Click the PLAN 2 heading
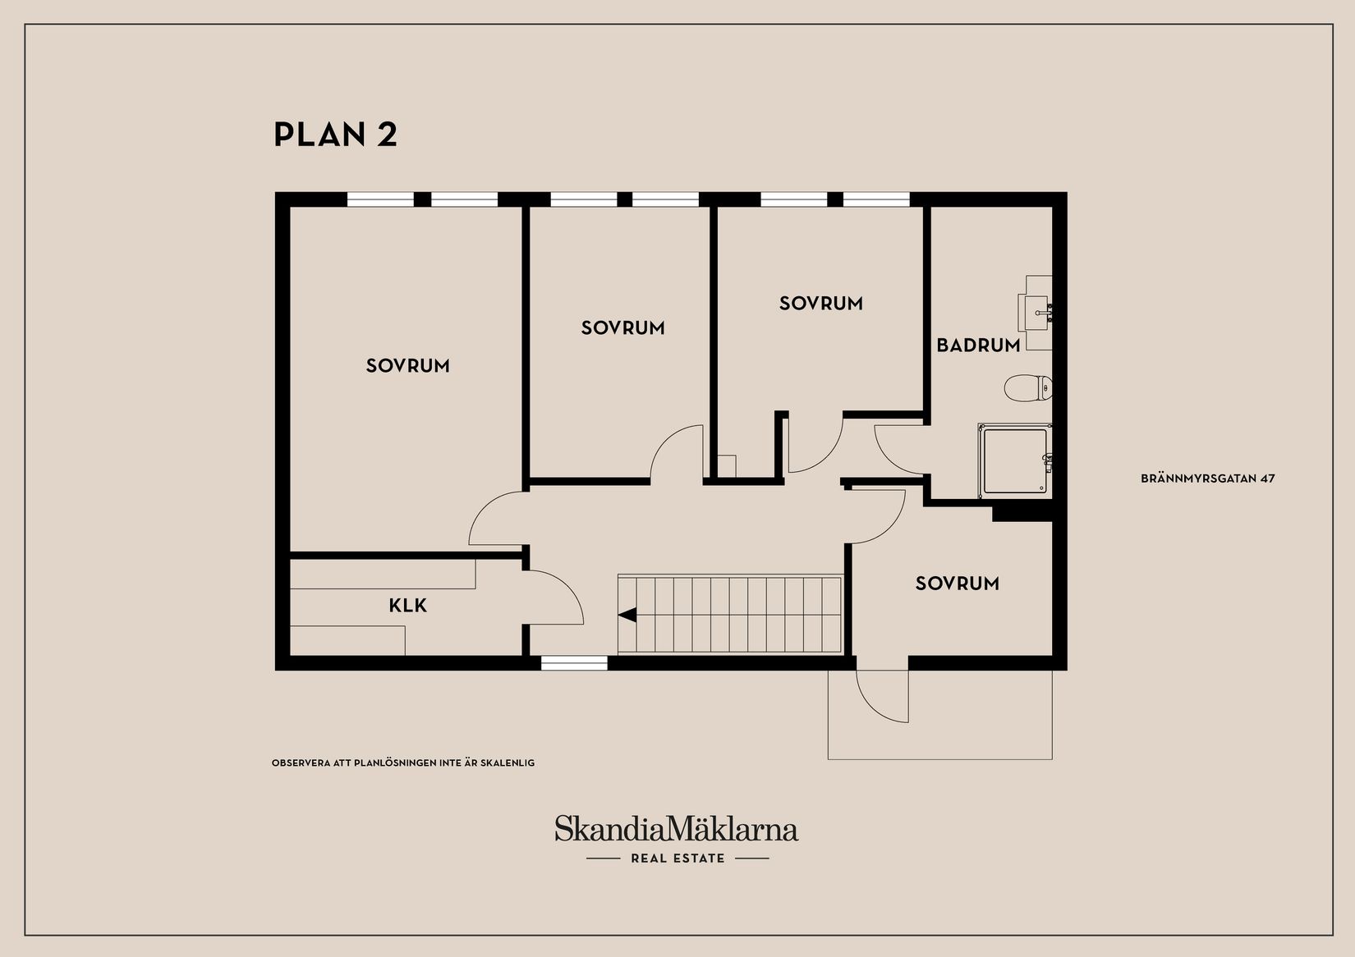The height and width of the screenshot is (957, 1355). [335, 135]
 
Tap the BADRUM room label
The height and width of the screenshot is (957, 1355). [978, 346]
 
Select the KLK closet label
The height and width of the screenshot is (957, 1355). [408, 606]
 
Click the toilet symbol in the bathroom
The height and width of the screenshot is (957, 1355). [1027, 387]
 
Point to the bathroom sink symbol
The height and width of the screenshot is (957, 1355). [1037, 312]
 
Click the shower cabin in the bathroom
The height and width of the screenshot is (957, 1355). [1015, 461]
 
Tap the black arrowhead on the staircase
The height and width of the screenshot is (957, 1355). [627, 614]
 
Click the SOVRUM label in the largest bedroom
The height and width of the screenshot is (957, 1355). [408, 366]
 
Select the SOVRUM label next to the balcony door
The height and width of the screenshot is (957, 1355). [957, 584]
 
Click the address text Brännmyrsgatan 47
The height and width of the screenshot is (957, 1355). [1207, 478]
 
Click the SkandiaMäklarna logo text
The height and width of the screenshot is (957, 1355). [677, 828]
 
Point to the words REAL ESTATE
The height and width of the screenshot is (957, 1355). [677, 859]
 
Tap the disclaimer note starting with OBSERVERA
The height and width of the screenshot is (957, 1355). [403, 763]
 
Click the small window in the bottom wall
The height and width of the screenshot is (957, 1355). [574, 662]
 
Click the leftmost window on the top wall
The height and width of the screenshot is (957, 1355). [380, 199]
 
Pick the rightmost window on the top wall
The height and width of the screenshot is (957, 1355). [876, 199]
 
